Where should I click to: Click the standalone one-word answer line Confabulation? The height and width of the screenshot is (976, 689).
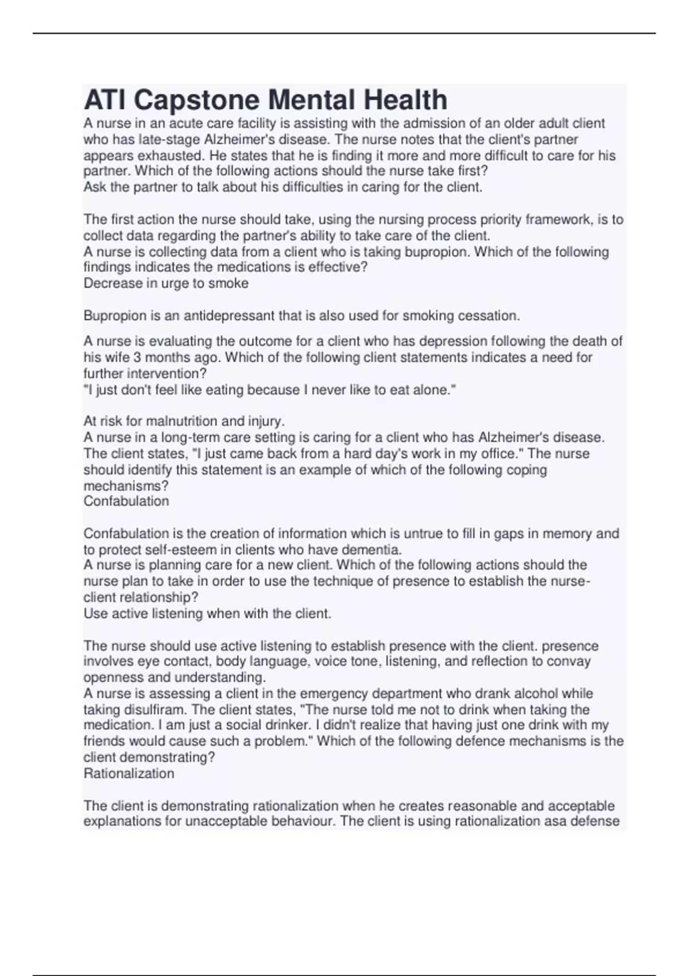(x=126, y=501)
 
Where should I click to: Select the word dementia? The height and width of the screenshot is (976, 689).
(x=374, y=549)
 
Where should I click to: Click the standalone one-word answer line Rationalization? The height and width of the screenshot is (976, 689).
(x=129, y=773)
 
